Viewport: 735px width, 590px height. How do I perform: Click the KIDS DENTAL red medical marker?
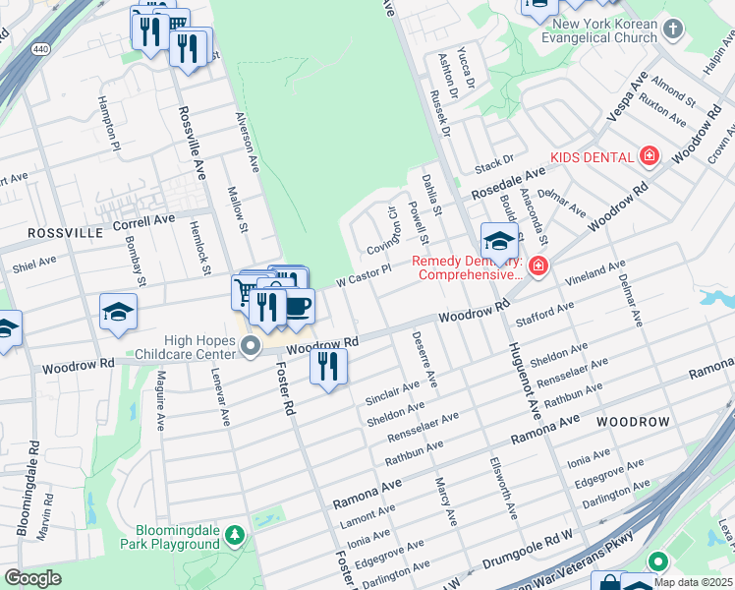tap(648, 156)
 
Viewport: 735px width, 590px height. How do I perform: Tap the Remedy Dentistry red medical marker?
tap(537, 266)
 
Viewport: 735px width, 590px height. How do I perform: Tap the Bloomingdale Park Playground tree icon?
tap(234, 536)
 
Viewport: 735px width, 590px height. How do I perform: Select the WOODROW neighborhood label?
tap(633, 422)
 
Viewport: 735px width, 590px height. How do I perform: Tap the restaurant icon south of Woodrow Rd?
tap(328, 366)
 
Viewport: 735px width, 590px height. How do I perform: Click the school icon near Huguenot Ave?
tap(499, 240)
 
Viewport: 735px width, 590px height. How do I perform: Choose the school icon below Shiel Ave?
tap(118, 312)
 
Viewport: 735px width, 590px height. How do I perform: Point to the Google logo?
tap(32, 578)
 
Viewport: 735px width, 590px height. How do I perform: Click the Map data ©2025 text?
tap(693, 582)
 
